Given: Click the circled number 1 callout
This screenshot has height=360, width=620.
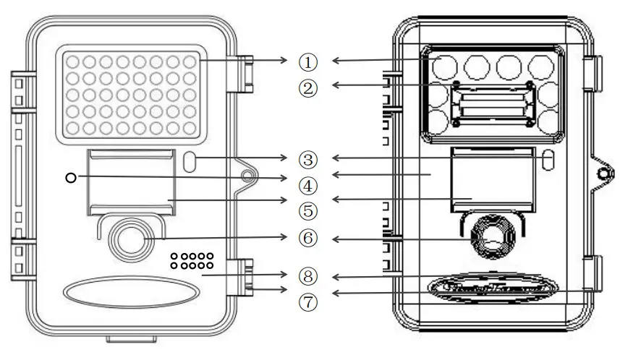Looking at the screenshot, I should click(308, 61).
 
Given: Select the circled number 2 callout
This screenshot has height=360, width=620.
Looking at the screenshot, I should click(308, 87).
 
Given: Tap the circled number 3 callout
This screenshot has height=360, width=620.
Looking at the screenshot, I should click(308, 158).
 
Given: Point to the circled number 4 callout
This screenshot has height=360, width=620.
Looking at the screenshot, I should click(308, 184).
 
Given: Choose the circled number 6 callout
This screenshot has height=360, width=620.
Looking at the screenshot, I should click(308, 237).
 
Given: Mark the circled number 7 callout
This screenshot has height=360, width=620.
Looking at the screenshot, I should click(308, 301).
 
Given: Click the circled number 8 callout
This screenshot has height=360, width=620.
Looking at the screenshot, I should click(308, 275).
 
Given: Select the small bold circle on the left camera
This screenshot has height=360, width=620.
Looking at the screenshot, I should click(69, 177).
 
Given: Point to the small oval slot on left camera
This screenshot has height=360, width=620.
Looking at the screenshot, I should click(192, 161).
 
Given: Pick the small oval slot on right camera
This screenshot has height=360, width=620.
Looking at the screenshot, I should click(548, 158).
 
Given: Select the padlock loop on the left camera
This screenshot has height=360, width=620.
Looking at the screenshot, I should click(250, 176).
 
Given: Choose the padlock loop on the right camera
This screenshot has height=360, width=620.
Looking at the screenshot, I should click(606, 173).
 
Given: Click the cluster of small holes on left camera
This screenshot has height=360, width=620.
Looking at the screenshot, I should click(192, 261).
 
